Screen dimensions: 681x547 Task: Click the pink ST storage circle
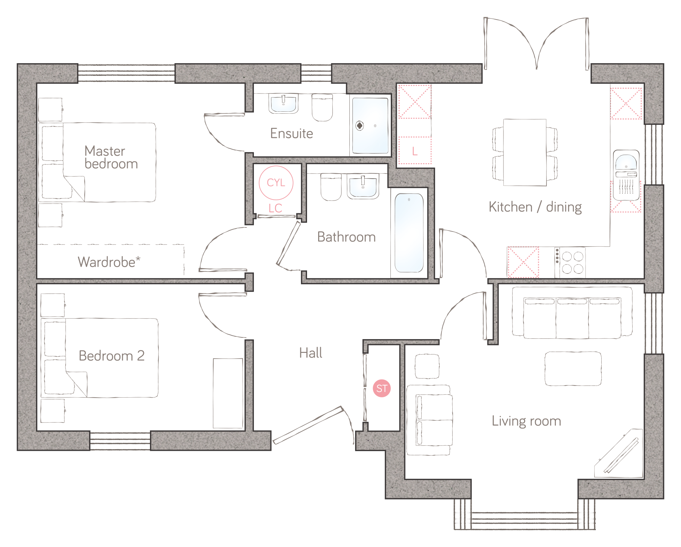[381, 388]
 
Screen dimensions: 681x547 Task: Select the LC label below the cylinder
[275, 208]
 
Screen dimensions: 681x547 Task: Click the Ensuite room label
[292, 134]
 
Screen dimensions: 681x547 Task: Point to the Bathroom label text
[346, 237]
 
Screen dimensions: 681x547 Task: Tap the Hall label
[311, 353]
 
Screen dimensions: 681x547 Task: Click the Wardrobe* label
[109, 262]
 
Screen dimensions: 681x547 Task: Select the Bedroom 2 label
[112, 356]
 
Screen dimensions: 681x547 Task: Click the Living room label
[526, 421]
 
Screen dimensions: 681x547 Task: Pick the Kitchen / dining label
[535, 207]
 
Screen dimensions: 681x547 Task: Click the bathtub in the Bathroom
[409, 233]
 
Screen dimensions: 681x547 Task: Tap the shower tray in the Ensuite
[370, 125]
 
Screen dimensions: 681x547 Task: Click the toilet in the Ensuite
[322, 107]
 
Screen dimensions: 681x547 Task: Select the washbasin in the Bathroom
[363, 186]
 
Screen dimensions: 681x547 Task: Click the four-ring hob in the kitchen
[572, 262]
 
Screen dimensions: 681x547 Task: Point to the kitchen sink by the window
[626, 175]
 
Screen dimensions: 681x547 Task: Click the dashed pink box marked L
[415, 150]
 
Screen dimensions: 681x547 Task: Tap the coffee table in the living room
[573, 368]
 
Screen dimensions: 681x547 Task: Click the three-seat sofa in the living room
[572, 313]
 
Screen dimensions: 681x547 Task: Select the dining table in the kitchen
[525, 152]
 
